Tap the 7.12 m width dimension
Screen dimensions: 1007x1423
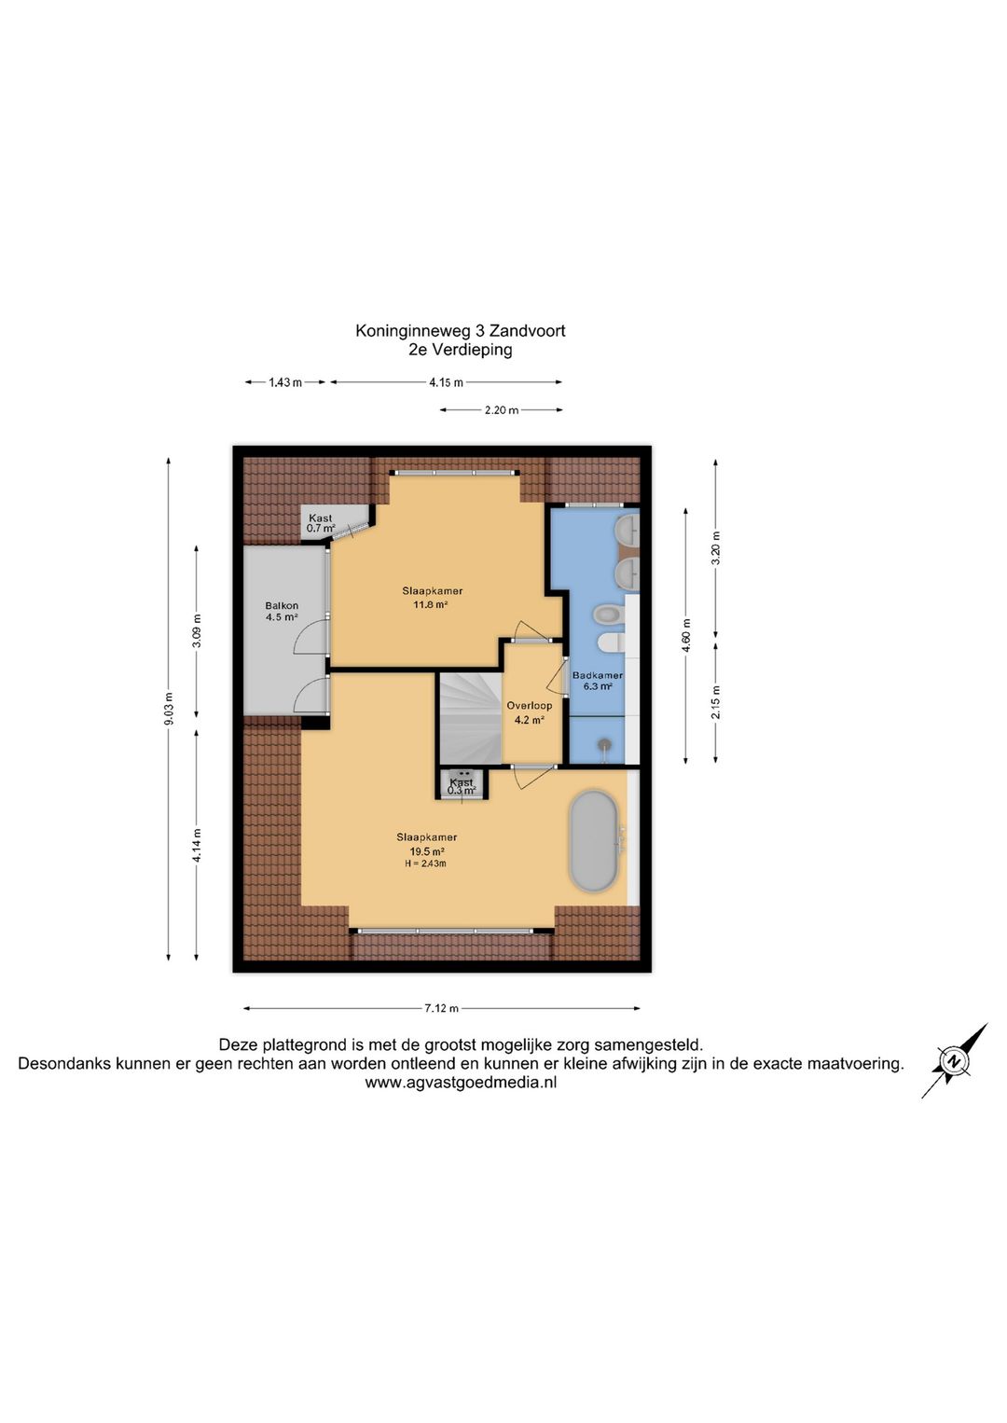442,1008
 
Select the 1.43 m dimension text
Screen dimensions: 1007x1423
285,382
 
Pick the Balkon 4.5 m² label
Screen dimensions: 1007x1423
283,611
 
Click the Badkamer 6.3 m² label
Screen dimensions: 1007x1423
598,681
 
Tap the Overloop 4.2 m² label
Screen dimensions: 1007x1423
530,712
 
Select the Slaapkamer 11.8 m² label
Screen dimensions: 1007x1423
432,598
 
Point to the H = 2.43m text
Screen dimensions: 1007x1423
425,863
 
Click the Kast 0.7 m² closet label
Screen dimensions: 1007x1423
320,523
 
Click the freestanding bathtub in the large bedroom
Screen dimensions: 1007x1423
593,841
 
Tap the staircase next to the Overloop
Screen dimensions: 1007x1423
471,718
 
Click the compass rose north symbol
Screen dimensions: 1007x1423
954,1060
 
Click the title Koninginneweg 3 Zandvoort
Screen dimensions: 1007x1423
461,331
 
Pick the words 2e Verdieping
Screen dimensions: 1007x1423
461,350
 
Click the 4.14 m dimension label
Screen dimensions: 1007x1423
197,845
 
